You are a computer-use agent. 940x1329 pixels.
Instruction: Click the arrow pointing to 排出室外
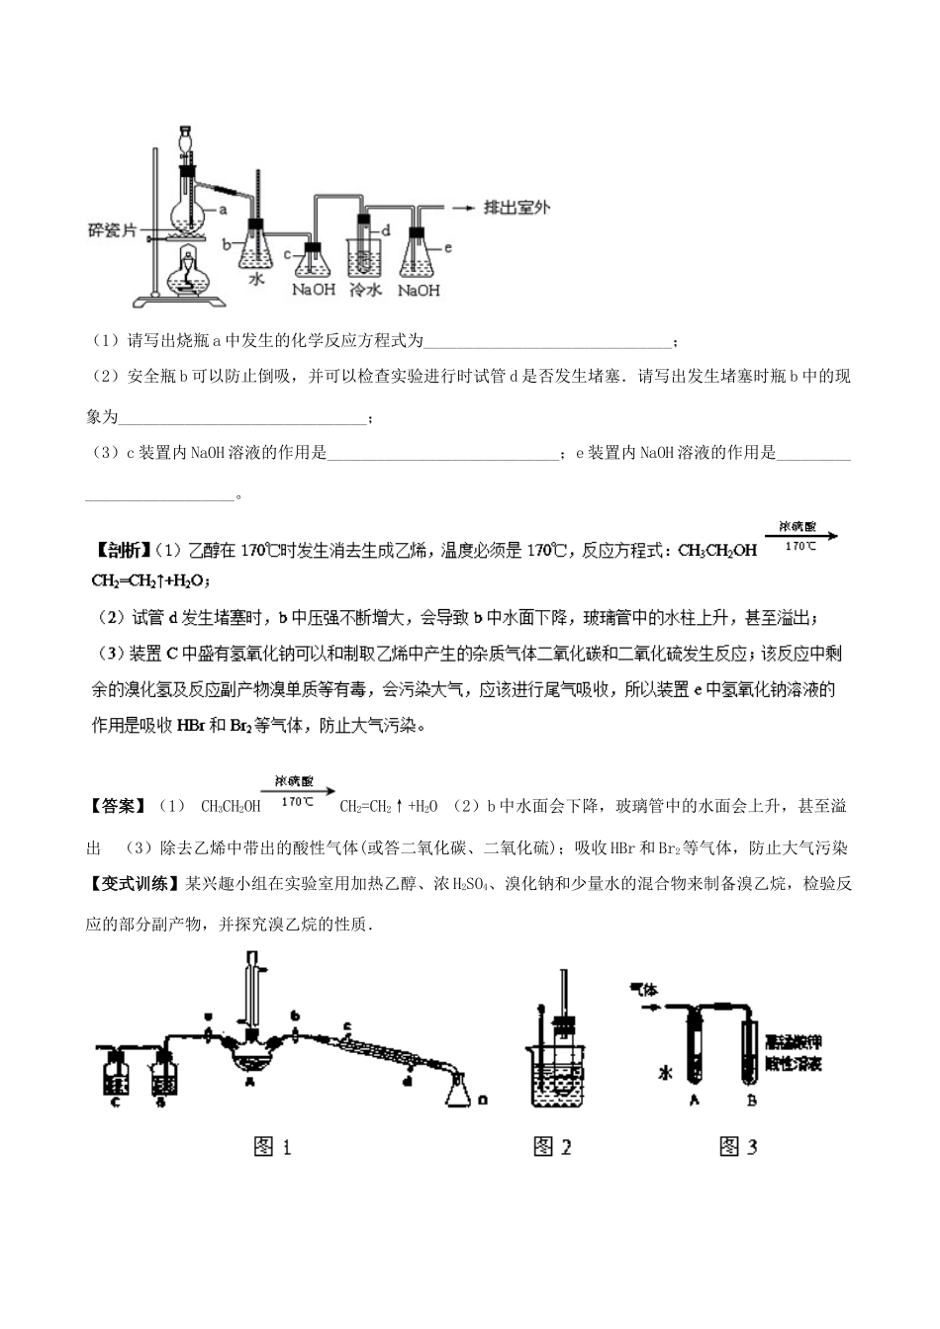[x=461, y=209]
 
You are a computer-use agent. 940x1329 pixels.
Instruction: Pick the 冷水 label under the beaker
[x=365, y=291]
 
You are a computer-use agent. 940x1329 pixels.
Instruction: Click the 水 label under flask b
[x=256, y=280]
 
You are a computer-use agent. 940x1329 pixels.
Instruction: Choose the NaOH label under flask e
[x=419, y=291]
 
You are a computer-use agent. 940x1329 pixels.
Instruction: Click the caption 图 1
[x=273, y=1147]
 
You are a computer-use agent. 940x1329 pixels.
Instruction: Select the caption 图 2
[x=552, y=1147]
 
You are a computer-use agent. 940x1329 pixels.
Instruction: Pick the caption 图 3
[x=738, y=1147]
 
